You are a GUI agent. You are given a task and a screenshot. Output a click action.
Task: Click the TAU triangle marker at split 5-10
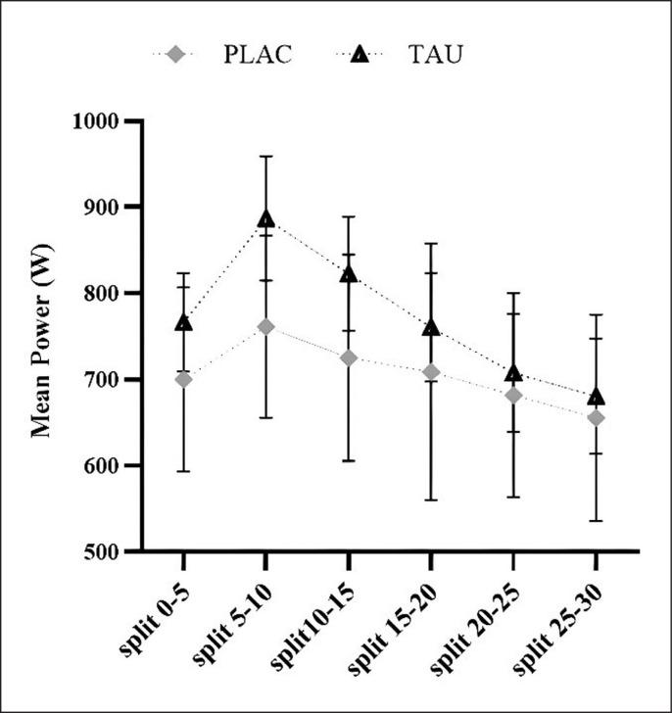265,218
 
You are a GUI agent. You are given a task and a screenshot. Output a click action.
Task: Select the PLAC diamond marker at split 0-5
183,379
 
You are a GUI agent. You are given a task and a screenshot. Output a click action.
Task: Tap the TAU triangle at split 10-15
348,274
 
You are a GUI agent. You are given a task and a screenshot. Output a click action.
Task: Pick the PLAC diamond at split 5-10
265,326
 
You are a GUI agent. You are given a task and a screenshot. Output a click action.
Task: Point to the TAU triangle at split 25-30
595,397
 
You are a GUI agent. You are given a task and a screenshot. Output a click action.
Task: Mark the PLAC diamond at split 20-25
512,395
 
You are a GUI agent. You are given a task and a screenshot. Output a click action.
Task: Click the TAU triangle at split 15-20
430,327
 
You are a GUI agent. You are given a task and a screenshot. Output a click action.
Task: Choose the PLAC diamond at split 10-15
348,357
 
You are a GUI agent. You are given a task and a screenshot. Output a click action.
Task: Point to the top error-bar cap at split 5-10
265,156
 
